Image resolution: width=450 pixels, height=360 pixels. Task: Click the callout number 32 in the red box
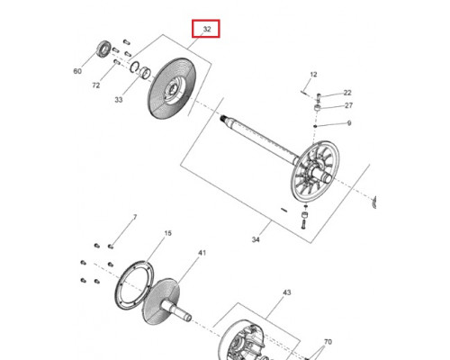click(x=207, y=29)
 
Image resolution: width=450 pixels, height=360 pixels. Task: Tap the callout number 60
click(x=77, y=71)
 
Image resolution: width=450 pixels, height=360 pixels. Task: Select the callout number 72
click(x=95, y=85)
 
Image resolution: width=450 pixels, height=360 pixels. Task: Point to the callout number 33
click(x=119, y=100)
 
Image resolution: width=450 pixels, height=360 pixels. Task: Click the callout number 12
click(x=313, y=75)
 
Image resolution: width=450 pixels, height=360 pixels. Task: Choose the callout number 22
click(x=347, y=93)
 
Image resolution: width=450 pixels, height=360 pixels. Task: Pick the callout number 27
click(x=348, y=105)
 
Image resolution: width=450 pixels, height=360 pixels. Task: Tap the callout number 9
click(x=349, y=123)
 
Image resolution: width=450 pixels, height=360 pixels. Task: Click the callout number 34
click(x=256, y=239)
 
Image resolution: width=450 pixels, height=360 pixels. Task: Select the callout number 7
click(x=135, y=217)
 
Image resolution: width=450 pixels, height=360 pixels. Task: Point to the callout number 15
click(x=168, y=233)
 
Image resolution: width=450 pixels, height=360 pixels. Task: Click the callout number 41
click(x=202, y=253)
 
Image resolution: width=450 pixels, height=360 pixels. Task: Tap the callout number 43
click(x=287, y=292)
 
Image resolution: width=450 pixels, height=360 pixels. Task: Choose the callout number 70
click(x=328, y=342)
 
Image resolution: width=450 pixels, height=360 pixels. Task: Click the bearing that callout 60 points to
click(x=104, y=48)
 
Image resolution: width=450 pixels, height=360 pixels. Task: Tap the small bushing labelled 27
click(x=318, y=107)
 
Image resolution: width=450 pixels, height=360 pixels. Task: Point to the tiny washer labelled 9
click(x=315, y=126)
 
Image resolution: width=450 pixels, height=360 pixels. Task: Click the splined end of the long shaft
click(x=223, y=118)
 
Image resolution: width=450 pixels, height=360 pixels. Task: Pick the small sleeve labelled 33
click(x=146, y=72)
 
